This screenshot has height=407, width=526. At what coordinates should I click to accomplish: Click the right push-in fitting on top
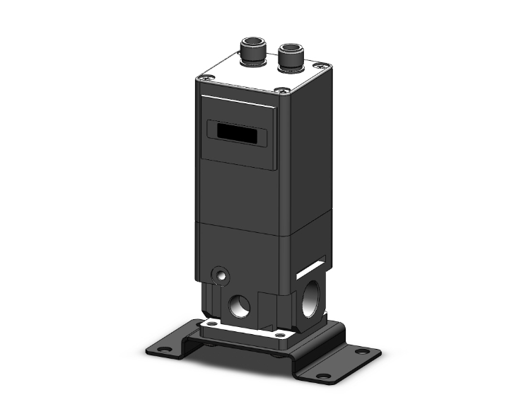coord(290,59)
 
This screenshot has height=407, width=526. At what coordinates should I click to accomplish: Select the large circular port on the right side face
coord(311,297)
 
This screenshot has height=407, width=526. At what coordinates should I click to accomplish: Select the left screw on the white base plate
coord(206,325)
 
